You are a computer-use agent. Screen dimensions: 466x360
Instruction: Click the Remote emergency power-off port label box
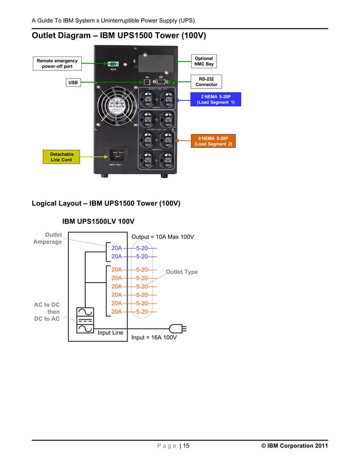pyautogui.click(x=57, y=64)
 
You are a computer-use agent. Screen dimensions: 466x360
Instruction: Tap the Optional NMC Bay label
pyautogui.click(x=204, y=61)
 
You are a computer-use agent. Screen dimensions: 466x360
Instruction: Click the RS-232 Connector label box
pyautogui.click(x=206, y=81)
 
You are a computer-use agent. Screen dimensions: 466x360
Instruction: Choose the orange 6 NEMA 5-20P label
pyautogui.click(x=214, y=141)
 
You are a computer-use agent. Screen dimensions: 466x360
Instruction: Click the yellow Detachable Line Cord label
pyautogui.click(x=62, y=157)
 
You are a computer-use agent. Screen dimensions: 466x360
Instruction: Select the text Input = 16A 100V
pyautogui.click(x=154, y=337)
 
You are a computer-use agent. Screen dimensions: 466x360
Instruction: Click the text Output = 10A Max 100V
pyautogui.click(x=163, y=237)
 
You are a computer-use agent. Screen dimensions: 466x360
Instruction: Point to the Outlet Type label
pyautogui.click(x=182, y=272)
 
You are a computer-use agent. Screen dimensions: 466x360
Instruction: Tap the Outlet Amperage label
pyautogui.click(x=48, y=238)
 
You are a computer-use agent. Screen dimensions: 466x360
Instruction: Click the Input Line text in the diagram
pyautogui.click(x=110, y=333)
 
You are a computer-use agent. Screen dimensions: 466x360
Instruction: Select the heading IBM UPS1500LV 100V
pyautogui.click(x=102, y=221)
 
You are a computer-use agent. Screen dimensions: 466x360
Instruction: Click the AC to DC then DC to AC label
pyautogui.click(x=47, y=312)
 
